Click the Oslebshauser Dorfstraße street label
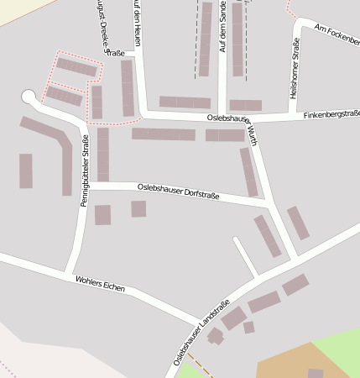tap(178, 191)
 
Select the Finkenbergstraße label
tap(331, 113)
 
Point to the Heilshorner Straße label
tap(295, 73)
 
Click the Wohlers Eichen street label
tap(100, 283)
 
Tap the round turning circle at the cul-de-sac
tap(29, 97)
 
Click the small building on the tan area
tap(316, 373)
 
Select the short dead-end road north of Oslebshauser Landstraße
tap(245, 255)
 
